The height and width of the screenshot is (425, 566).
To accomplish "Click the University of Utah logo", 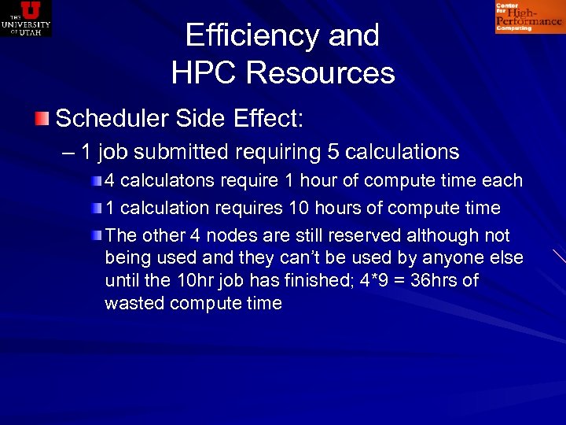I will tap(26, 18).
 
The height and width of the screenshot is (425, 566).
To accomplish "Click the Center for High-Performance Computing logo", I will tap(528, 17).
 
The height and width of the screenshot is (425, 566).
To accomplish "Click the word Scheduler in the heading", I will tap(111, 119).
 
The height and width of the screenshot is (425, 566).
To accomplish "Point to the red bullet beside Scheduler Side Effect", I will tap(42, 119).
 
